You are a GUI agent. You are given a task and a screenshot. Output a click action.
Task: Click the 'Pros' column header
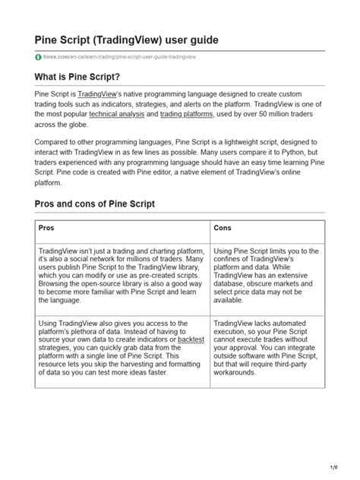46,227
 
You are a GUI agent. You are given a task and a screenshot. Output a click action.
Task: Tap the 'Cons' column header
223,227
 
